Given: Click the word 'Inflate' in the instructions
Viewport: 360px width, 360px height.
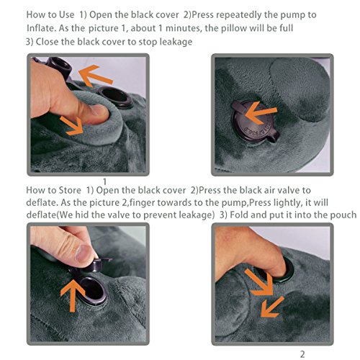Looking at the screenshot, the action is tap(41, 28).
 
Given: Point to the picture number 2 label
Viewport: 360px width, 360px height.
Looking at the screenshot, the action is tap(302, 354).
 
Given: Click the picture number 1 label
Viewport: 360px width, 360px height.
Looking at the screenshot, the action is tap(104, 181).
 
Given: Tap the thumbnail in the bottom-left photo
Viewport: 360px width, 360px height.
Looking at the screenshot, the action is tap(84, 253).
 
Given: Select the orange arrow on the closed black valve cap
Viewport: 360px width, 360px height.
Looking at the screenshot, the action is tap(261, 112).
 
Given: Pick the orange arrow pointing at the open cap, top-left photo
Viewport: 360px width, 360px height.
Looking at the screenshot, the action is tap(96, 76).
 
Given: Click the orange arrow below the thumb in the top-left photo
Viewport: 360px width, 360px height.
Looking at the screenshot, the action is tap(73, 126).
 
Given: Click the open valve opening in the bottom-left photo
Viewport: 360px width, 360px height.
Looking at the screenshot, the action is tap(93, 290).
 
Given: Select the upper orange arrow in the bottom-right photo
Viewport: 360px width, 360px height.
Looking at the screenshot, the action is tap(259, 282).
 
